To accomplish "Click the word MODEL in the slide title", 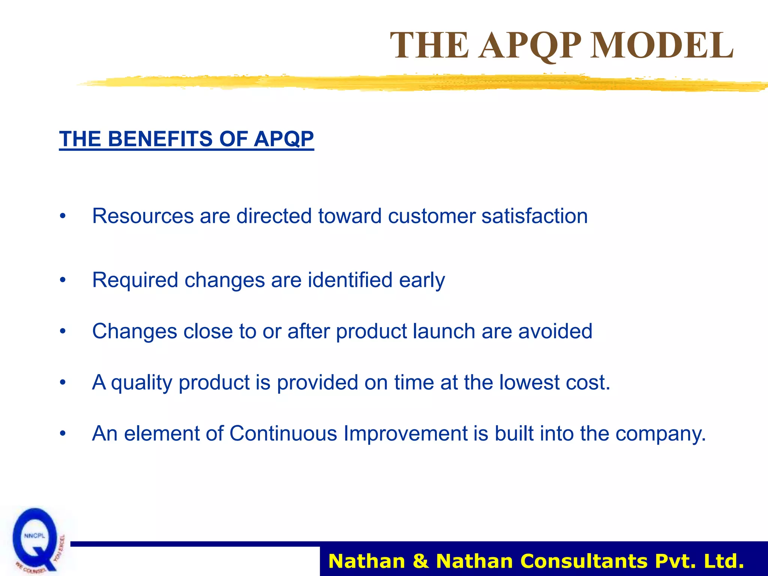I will click(x=662, y=45).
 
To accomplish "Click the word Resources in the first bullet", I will click(x=143, y=216).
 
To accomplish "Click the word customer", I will click(x=432, y=216).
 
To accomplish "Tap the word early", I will click(x=422, y=280).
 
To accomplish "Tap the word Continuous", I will click(x=283, y=433).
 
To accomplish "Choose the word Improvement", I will click(x=405, y=433).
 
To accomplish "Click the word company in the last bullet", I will click(x=660, y=433).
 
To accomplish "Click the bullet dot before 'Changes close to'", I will click(x=63, y=331).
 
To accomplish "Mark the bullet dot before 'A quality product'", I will click(x=63, y=383).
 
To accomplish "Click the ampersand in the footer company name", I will click(x=420, y=561).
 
